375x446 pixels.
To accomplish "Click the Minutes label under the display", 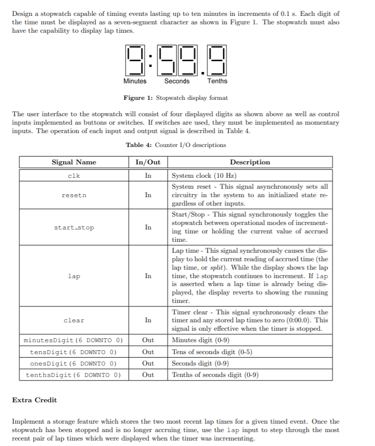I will click(135, 81).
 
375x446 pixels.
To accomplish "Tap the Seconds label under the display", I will click(177, 81).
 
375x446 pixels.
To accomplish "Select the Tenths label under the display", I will click(217, 81).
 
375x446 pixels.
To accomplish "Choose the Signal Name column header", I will click(74, 162).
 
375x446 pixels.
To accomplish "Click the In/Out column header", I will click(148, 162).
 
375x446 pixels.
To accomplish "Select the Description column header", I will click(250, 162).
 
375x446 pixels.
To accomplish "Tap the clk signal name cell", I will click(74, 176).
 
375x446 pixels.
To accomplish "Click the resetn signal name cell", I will click(74, 195).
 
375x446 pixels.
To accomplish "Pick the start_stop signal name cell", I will click(74, 227).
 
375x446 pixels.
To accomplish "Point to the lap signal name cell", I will click(74, 276).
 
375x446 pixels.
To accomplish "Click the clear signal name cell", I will click(74, 320).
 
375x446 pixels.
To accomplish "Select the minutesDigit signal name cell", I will click(74, 341).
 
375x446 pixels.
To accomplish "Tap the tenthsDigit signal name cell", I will click(74, 374).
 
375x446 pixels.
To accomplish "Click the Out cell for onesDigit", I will click(148, 363).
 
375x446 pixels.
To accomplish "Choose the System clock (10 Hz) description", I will click(204, 176).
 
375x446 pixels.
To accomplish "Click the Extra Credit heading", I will click(34, 400).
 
